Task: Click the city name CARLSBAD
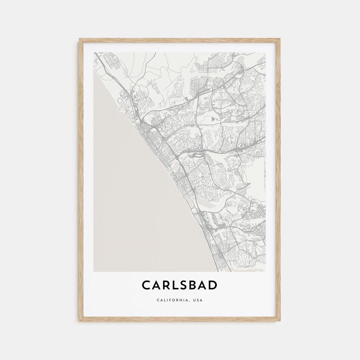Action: tap(180, 285)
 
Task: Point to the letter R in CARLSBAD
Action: tap(166, 285)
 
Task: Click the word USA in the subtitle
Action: tap(197, 300)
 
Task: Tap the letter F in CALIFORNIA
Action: tap(170, 300)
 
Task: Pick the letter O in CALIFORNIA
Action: tap(174, 300)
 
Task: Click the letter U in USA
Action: tap(193, 300)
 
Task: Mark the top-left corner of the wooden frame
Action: tap(79, 39)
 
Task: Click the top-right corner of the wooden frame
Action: tap(280, 39)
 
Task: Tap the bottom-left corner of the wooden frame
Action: tap(79, 321)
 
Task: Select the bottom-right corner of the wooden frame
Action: tap(280, 321)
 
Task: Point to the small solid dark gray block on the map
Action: tap(214, 119)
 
